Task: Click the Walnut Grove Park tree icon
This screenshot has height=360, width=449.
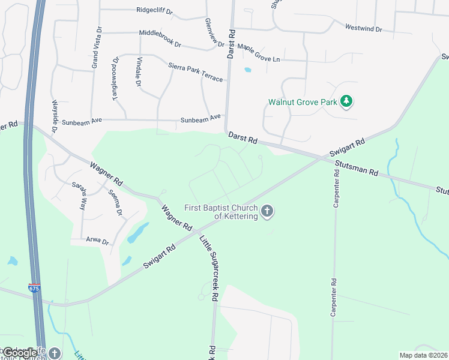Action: click(346, 102)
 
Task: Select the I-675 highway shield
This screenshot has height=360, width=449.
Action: click(35, 289)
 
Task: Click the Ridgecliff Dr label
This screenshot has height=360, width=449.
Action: click(154, 10)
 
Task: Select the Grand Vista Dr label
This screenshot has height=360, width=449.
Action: click(95, 47)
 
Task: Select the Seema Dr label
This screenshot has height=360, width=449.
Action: click(115, 203)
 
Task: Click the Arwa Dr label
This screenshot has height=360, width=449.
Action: click(97, 242)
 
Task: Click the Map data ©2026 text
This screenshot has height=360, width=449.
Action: click(423, 355)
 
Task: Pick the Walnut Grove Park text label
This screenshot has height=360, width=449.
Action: click(303, 102)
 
